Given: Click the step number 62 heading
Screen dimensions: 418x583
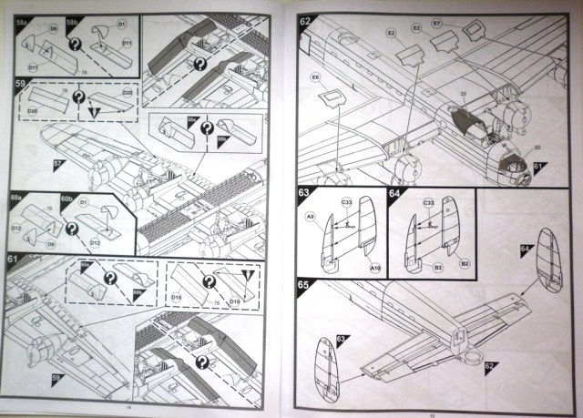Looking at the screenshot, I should (305, 20).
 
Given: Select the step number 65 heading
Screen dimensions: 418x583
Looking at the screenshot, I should (305, 285).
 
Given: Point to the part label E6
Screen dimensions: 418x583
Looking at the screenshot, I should (315, 78).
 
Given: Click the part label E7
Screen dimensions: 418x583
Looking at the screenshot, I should (463, 22).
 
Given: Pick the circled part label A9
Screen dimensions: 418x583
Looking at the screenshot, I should (311, 217).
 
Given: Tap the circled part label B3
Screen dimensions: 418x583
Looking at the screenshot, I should (438, 269).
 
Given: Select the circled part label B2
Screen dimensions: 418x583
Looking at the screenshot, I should (465, 264).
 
